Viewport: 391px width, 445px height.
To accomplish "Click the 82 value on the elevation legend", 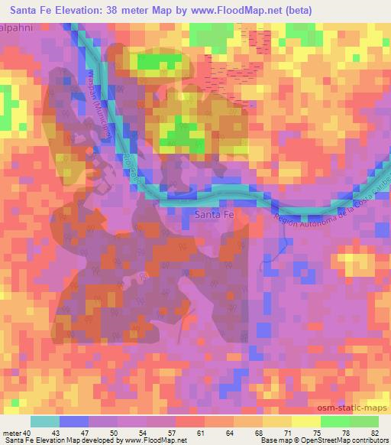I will click(x=374, y=434).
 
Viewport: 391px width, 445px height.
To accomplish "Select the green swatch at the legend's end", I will click(x=364, y=421).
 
